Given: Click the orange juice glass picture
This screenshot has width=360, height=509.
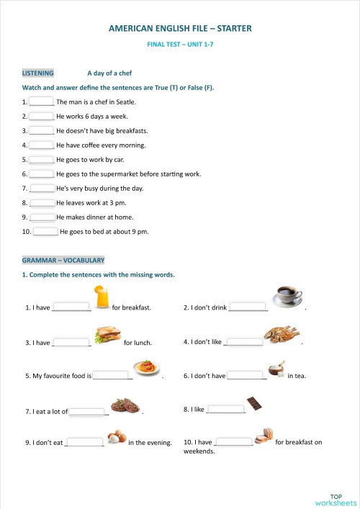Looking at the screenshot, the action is coord(102,296).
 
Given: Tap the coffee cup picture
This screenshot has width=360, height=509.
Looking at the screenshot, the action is coord(287,295).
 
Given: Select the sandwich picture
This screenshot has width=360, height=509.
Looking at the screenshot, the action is coord(107,335).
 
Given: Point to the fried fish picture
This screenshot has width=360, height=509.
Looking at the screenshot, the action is coord(282,334).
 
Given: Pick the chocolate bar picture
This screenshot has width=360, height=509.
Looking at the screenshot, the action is coord(253,403).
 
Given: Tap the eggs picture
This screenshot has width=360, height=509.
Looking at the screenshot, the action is coord(117,436).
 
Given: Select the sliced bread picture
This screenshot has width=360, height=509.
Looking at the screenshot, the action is coord(264,435).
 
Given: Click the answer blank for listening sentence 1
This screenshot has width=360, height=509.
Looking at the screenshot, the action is coord(42,102).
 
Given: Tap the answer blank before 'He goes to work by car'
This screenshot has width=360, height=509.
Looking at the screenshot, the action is coord(42,159).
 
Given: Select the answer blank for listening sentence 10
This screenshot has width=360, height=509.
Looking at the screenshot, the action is coord(45,231).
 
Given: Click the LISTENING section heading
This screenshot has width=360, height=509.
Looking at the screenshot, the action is coord(37,73).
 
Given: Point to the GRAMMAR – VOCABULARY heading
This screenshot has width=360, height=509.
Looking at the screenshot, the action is coord(63,260).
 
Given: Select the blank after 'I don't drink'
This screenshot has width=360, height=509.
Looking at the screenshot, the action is coord(248,307).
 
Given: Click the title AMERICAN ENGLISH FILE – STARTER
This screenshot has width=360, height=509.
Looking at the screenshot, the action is coord(180,29).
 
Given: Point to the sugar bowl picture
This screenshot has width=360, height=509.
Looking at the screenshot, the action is coord(276,369).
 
